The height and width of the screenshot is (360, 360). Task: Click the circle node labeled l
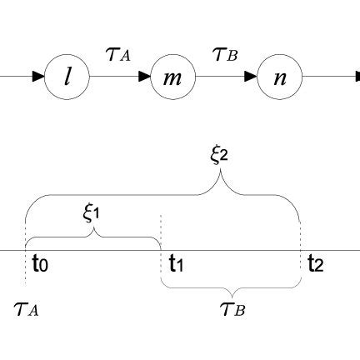(68, 78)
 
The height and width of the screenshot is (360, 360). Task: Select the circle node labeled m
(171, 78)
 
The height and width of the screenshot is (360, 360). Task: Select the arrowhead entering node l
(40, 78)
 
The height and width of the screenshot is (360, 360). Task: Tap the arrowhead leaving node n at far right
(356, 78)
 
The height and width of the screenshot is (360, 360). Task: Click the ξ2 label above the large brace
(219, 155)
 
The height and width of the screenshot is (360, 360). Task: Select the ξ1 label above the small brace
(92, 212)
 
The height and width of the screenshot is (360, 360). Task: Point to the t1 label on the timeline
(177, 266)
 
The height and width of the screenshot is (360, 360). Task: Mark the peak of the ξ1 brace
(93, 232)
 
